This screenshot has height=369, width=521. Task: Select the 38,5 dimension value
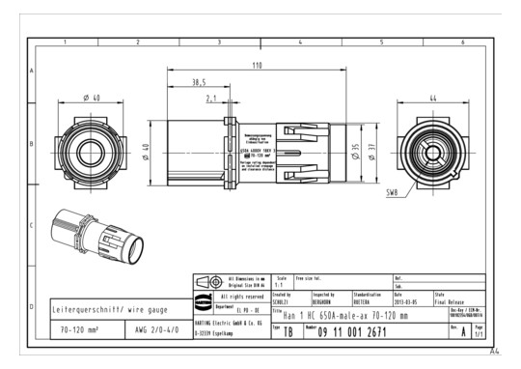(200, 82)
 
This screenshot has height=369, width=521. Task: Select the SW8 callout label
(392, 192)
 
